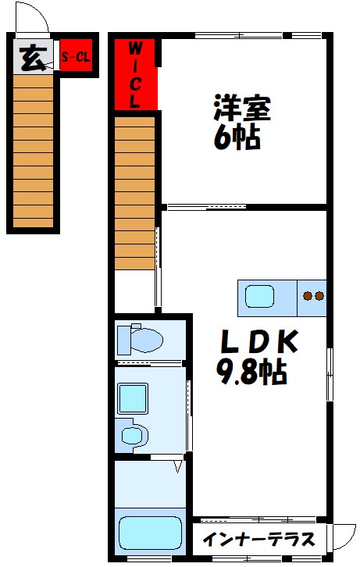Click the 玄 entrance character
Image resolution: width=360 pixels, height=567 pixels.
click(x=34, y=59)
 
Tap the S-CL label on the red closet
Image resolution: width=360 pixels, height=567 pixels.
click(x=76, y=56)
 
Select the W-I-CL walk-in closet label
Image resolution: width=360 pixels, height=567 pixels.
click(x=135, y=75)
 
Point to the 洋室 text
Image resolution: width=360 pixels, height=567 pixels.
click(x=242, y=108)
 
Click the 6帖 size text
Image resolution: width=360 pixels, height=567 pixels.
click(x=237, y=137)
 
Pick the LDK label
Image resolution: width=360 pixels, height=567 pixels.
click(x=259, y=341)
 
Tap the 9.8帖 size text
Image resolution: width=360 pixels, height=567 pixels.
click(x=251, y=372)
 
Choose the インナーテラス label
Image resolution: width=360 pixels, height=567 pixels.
click(x=258, y=540)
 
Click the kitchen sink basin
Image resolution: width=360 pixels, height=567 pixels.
click(x=259, y=296)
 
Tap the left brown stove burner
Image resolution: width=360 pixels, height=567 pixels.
click(x=308, y=296)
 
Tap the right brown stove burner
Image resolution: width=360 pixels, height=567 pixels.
click(x=319, y=296)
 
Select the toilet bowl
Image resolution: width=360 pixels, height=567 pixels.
click(x=146, y=340)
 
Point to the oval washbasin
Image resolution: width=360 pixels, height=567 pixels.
click(x=131, y=435)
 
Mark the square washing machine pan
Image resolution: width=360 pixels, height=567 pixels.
click(x=133, y=398)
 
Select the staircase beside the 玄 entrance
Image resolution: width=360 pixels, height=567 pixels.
click(x=34, y=151)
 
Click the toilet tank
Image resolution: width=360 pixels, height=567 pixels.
click(x=124, y=340)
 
